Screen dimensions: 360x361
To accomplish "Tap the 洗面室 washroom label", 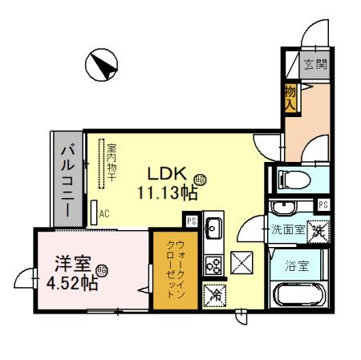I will (286, 229).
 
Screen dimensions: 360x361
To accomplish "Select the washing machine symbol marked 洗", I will (319, 231).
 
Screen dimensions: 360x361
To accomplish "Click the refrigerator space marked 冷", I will (214, 294).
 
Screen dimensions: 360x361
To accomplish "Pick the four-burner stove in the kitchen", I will (214, 264).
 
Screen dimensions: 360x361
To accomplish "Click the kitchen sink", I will (214, 230).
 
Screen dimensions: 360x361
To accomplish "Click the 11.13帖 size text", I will (167, 192).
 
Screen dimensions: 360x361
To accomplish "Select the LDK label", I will (166, 172).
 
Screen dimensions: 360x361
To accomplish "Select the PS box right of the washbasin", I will (322, 205).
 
